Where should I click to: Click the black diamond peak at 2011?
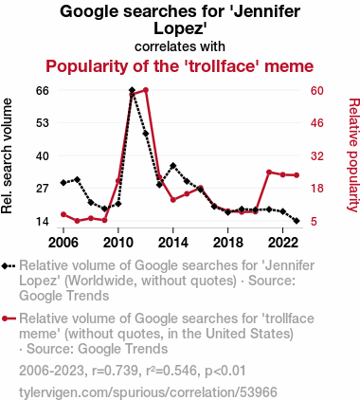(x=132, y=90)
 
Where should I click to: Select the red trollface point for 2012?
(x=146, y=90)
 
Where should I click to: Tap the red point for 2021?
(x=269, y=173)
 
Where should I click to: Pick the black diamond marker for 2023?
(x=297, y=221)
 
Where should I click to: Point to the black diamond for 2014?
(x=173, y=166)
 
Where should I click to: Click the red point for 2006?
(x=63, y=214)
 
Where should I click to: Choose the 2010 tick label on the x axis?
(x=118, y=243)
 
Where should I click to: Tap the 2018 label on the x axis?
(x=227, y=243)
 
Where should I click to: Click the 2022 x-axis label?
(x=282, y=243)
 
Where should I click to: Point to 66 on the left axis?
(x=43, y=91)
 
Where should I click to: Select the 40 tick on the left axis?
(x=43, y=156)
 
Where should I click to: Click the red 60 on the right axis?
(x=317, y=91)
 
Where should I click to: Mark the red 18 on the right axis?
(x=317, y=189)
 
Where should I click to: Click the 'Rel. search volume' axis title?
(x=7, y=155)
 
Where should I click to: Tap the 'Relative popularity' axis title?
(x=353, y=155)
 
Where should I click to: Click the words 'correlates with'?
(x=180, y=46)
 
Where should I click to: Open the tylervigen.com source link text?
(x=148, y=392)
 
